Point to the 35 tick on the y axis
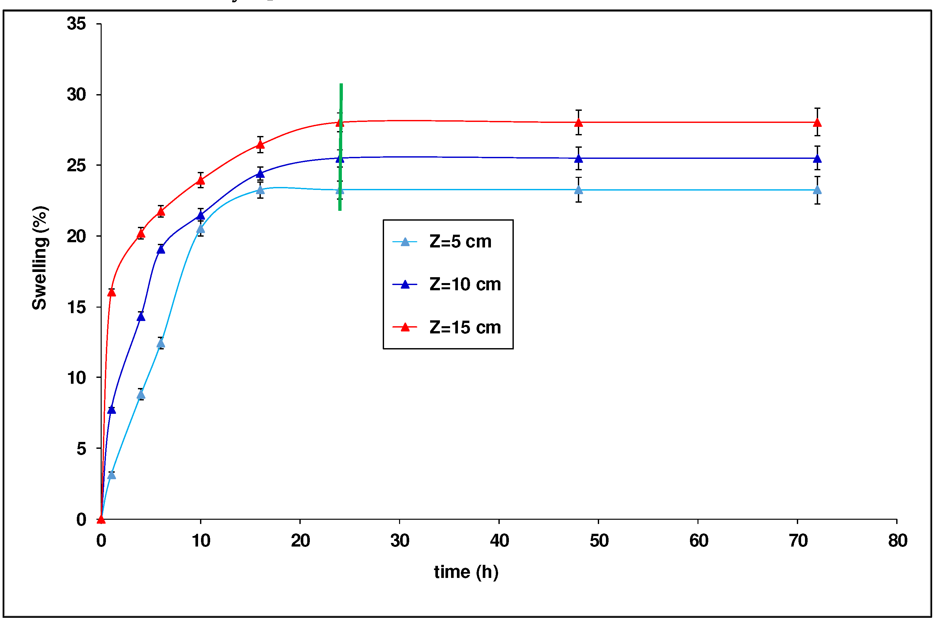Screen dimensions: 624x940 click(x=76, y=24)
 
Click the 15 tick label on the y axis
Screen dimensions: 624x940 click(x=76, y=307)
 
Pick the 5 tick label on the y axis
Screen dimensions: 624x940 click(x=81, y=448)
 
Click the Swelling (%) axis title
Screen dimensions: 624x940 click(x=40, y=258)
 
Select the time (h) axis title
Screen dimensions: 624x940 click(x=466, y=572)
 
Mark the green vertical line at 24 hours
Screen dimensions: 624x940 click(x=341, y=147)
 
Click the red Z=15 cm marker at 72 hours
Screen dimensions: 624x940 click(x=817, y=122)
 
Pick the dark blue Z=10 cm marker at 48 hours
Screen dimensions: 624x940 click(x=579, y=159)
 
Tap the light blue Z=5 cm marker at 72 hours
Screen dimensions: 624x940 click(x=817, y=190)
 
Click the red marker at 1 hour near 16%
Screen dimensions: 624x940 click(x=111, y=293)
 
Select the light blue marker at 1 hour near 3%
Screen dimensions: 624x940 click(x=111, y=475)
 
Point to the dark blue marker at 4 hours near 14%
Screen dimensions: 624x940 click(x=141, y=317)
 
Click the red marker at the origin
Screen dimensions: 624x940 click(x=101, y=519)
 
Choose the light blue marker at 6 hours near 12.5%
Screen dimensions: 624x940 click(x=161, y=343)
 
